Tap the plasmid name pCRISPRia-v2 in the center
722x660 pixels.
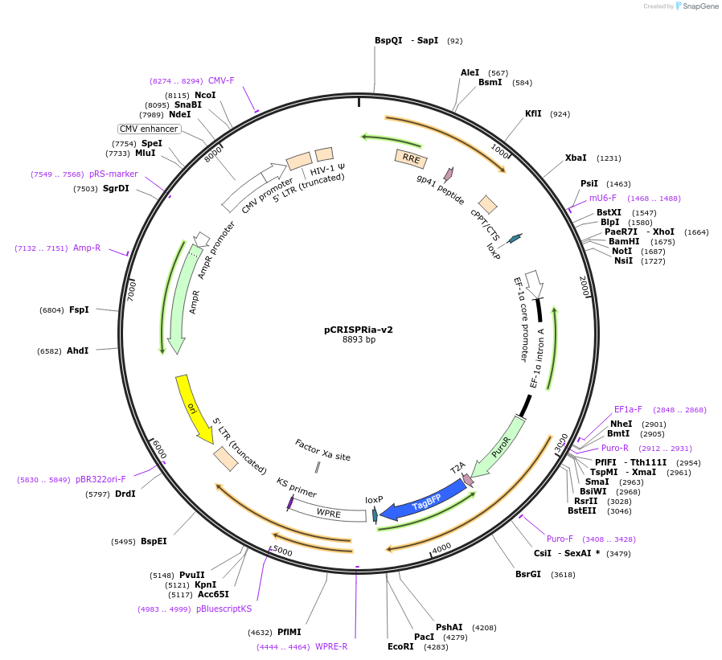(359, 329)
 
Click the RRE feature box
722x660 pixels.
(411, 158)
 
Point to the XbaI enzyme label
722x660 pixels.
(576, 158)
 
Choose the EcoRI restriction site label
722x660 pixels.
(400, 646)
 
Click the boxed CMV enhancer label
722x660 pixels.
(149, 129)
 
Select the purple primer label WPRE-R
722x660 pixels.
(331, 646)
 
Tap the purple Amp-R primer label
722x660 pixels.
(87, 248)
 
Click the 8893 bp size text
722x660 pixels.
(359, 340)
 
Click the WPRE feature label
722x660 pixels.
(329, 511)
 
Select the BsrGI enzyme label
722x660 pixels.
(528, 574)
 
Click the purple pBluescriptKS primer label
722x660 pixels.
(224, 609)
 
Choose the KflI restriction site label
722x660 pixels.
(533, 113)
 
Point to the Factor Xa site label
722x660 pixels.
(322, 450)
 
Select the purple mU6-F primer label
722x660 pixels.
(602, 198)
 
